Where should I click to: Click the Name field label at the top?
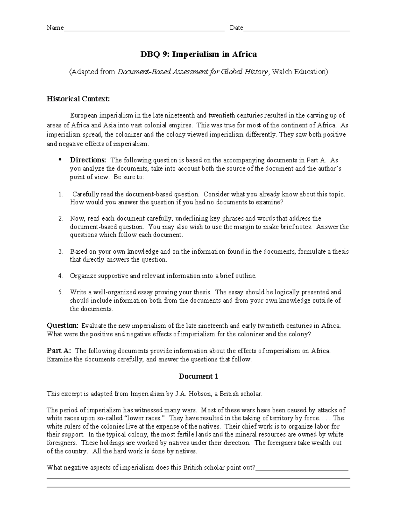(55, 28)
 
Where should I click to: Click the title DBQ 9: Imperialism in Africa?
(198, 54)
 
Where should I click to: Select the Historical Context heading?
(78, 99)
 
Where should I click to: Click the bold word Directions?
(88, 160)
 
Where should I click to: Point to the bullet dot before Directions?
(60, 160)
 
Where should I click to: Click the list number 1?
(60, 194)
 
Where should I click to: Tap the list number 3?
(60, 252)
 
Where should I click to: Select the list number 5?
(60, 292)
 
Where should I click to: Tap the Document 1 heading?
(198, 376)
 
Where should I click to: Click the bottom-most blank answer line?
(198, 487)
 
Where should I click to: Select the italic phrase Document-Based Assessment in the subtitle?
(158, 72)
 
